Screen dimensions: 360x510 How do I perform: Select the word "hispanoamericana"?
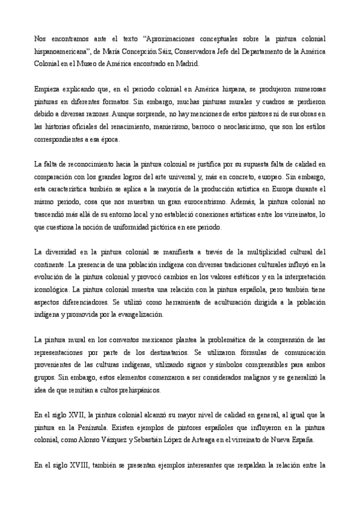pyautogui.click(x=62, y=51)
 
